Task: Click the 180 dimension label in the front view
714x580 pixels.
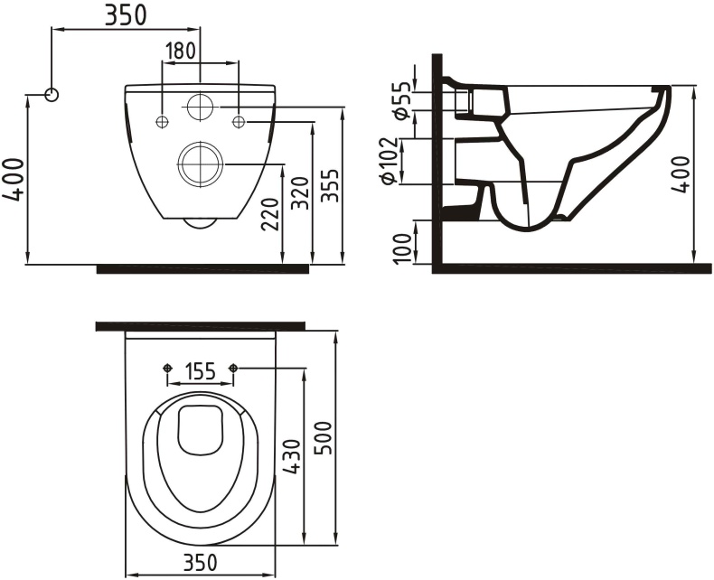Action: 181,51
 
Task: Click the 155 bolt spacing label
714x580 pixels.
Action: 200,370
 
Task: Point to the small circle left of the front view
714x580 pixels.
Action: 52,94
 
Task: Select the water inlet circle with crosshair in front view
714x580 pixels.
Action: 200,107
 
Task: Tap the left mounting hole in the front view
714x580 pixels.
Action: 162,122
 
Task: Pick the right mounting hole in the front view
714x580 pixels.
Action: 239,122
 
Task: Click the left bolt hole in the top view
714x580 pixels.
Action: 166,368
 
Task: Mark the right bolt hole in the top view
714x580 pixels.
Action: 234,368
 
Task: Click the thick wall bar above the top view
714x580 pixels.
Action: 200,326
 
